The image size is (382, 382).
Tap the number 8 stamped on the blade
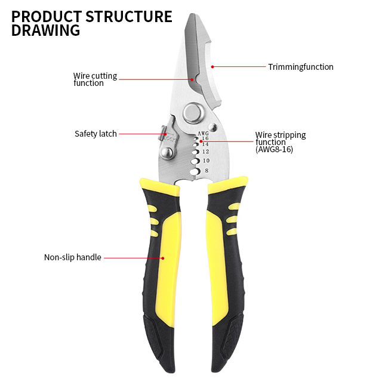click(x=207, y=171)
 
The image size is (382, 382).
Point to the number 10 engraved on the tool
click(x=206, y=161)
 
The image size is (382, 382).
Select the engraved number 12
click(x=206, y=152)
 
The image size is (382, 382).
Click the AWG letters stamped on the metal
click(x=203, y=133)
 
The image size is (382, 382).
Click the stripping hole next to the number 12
click(x=195, y=153)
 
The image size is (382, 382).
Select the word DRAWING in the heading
click(x=45, y=30)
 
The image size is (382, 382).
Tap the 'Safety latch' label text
click(x=95, y=134)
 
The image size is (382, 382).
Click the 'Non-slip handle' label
click(x=73, y=257)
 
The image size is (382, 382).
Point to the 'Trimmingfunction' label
click(x=300, y=67)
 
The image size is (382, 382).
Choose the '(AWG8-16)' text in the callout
click(x=275, y=150)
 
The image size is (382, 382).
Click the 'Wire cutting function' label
click(x=95, y=79)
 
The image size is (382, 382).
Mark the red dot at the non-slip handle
click(x=162, y=258)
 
